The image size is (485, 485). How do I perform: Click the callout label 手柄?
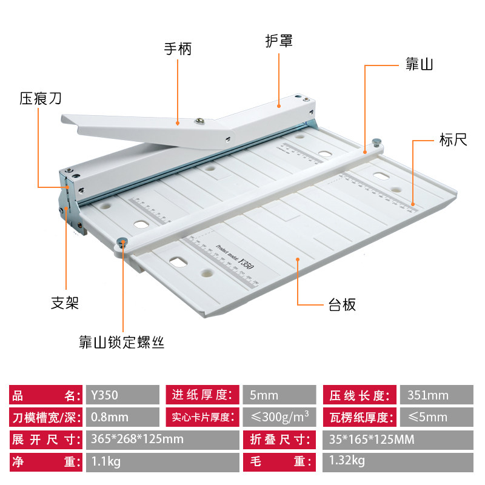[177, 48]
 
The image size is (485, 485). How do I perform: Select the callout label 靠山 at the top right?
[418, 64]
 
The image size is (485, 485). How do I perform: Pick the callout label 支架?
[65, 302]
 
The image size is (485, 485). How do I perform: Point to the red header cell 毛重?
[280, 461]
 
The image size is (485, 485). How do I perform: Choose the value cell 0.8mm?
[121, 417]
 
